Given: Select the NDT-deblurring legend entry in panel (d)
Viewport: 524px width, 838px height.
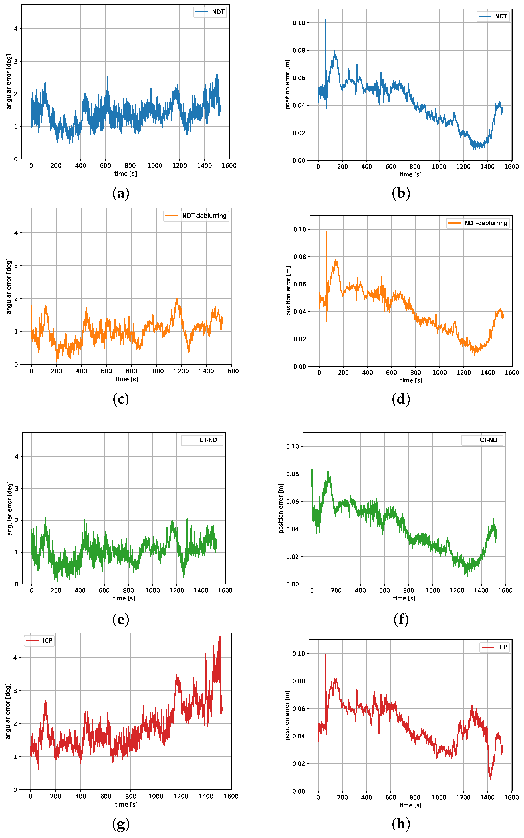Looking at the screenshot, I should (x=478, y=223).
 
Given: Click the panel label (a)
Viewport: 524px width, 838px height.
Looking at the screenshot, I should (x=121, y=193).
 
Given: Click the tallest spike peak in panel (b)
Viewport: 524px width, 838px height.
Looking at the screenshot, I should (x=325, y=20).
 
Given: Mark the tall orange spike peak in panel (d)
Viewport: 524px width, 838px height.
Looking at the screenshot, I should (x=326, y=231).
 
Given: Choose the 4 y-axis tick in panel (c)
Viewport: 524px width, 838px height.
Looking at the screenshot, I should (x=16, y=233).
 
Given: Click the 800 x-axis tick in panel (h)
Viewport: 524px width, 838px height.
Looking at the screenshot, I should (x=415, y=797).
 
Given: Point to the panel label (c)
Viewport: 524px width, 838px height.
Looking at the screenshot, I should (x=121, y=399).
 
